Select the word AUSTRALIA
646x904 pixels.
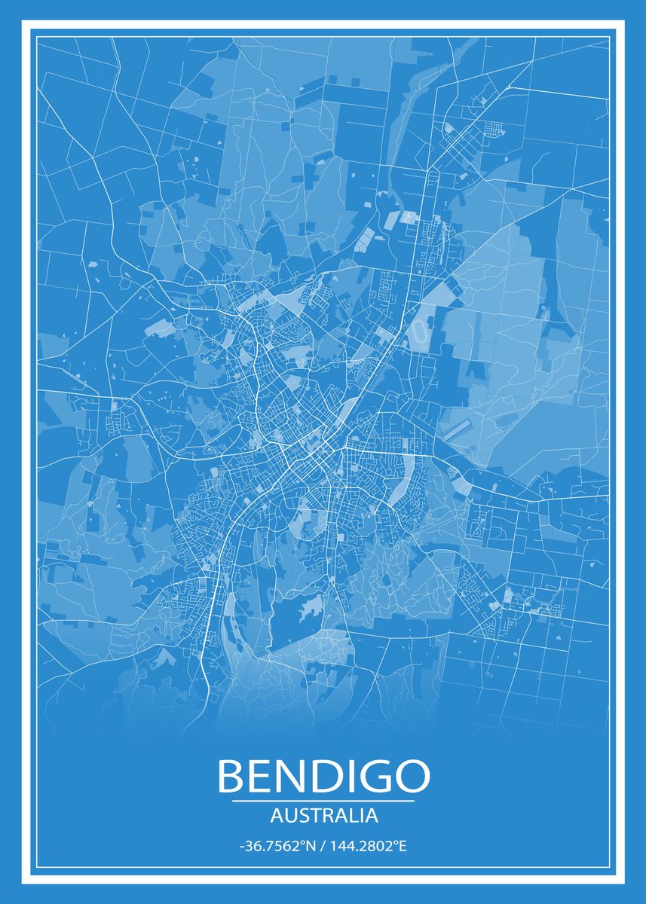[x=323, y=815]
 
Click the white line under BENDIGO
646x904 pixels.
[x=323, y=801]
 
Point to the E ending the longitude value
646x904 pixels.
[x=403, y=846]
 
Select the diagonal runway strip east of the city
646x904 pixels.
[x=456, y=429]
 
